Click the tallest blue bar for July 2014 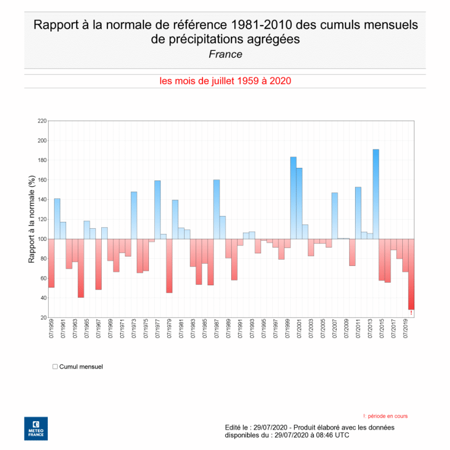[x=376, y=194]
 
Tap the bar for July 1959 [x=51, y=263]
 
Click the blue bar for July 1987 [x=217, y=209]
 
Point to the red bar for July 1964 [x=81, y=268]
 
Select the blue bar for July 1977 [x=157, y=210]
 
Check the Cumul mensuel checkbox [x=55, y=367]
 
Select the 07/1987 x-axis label [x=217, y=329]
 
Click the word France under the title [x=225, y=54]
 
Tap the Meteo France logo [x=36, y=428]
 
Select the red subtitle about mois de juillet [x=225, y=81]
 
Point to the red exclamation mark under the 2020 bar [x=411, y=313]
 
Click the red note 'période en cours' [x=387, y=416]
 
